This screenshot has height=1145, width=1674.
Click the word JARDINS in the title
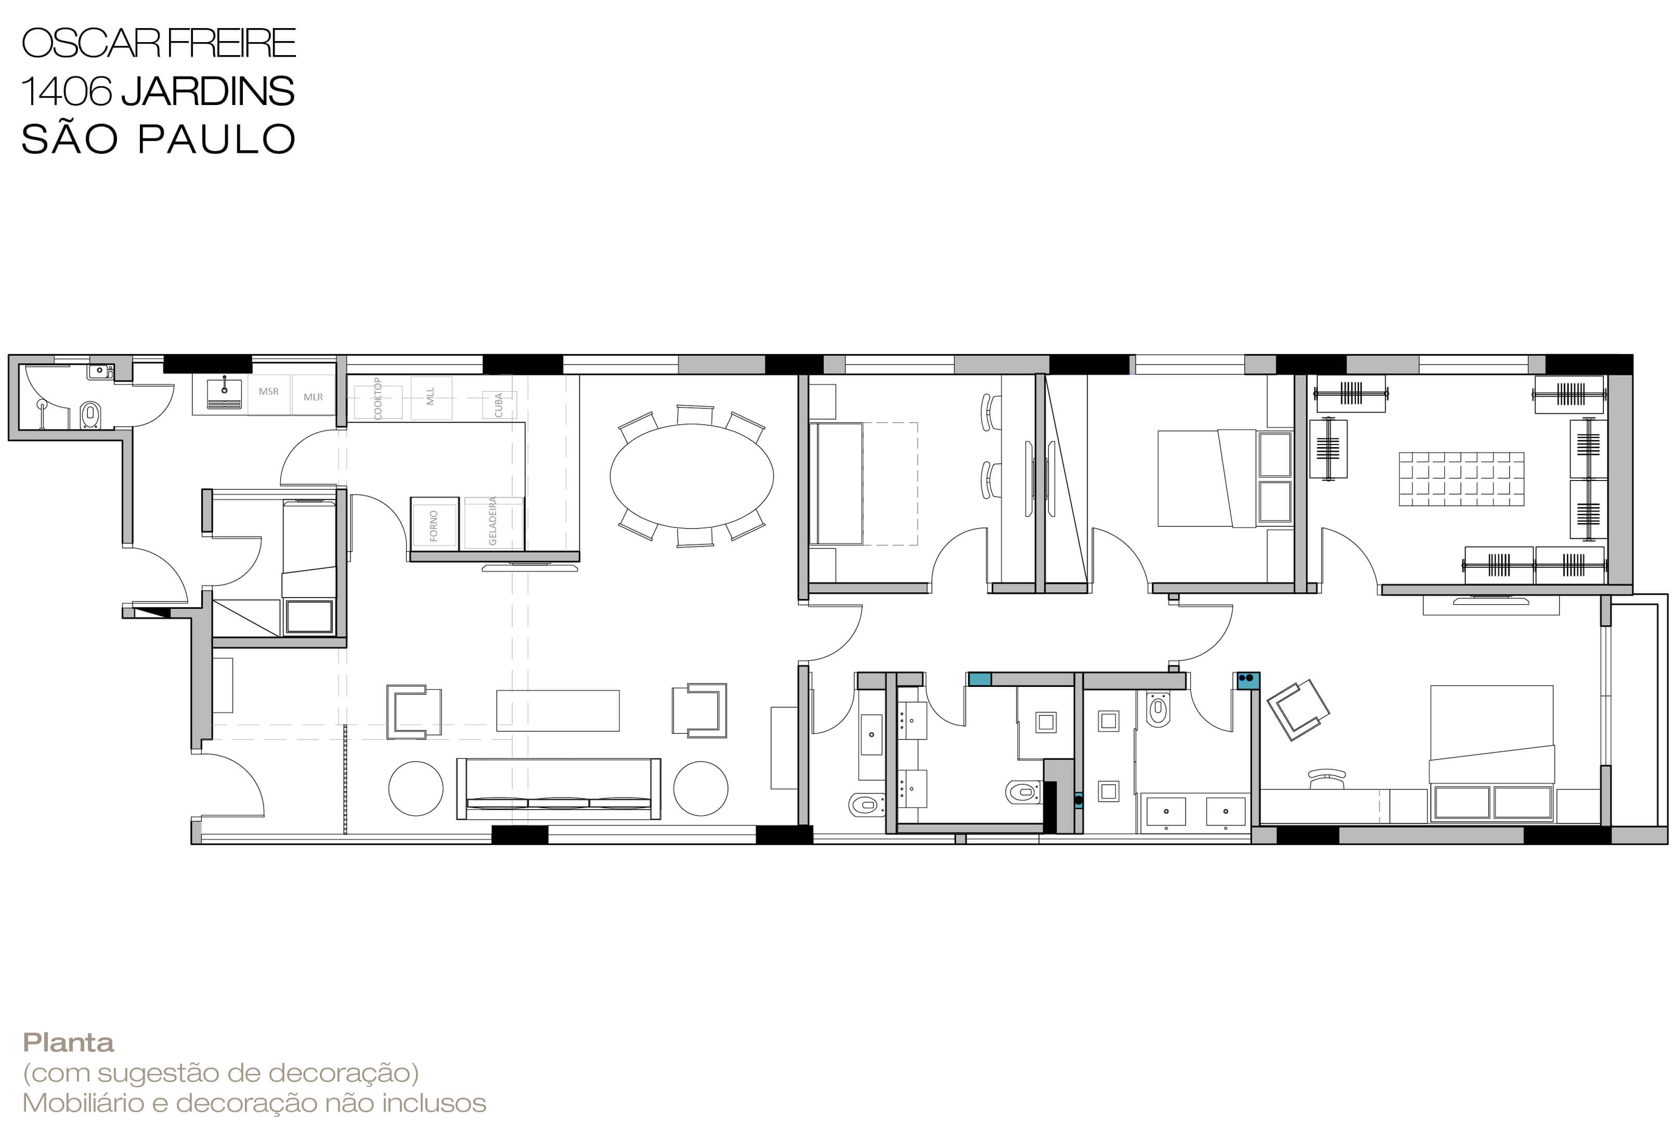coord(207,92)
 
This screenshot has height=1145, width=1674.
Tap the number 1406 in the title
coord(67,92)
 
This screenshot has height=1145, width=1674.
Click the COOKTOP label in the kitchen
coord(378,398)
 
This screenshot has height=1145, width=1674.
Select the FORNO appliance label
coord(434,526)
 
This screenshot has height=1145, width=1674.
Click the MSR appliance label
coord(269,392)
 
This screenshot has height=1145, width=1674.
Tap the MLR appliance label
coord(314,397)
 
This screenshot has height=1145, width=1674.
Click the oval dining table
coord(692,476)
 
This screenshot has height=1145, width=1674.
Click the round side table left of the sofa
coord(416,788)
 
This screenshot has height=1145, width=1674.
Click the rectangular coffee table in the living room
coord(557,711)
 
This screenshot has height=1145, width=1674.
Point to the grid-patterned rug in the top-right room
coord(1461,479)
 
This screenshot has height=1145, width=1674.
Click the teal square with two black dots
coord(1248,681)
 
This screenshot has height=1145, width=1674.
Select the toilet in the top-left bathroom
coord(90,415)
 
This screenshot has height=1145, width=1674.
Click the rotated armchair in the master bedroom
coord(1298,709)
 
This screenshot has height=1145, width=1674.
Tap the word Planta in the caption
coord(69,1043)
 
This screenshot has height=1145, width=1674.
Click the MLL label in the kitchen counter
coord(431,397)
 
